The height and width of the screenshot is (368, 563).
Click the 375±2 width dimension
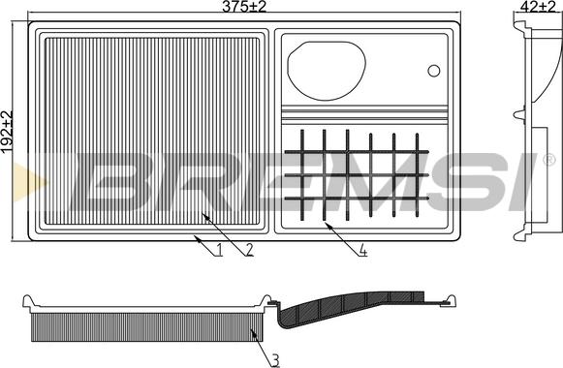(x=244, y=7)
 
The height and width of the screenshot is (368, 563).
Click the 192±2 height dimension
(x=7, y=133)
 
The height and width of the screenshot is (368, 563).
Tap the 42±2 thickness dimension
(x=538, y=7)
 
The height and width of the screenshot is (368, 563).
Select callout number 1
(x=219, y=249)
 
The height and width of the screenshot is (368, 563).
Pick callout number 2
(x=249, y=249)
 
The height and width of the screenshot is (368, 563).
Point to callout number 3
(x=275, y=360)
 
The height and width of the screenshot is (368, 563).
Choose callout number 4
(x=363, y=250)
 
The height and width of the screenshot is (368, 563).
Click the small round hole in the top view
(x=434, y=71)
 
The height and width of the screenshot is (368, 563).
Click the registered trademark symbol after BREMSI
(x=549, y=160)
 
